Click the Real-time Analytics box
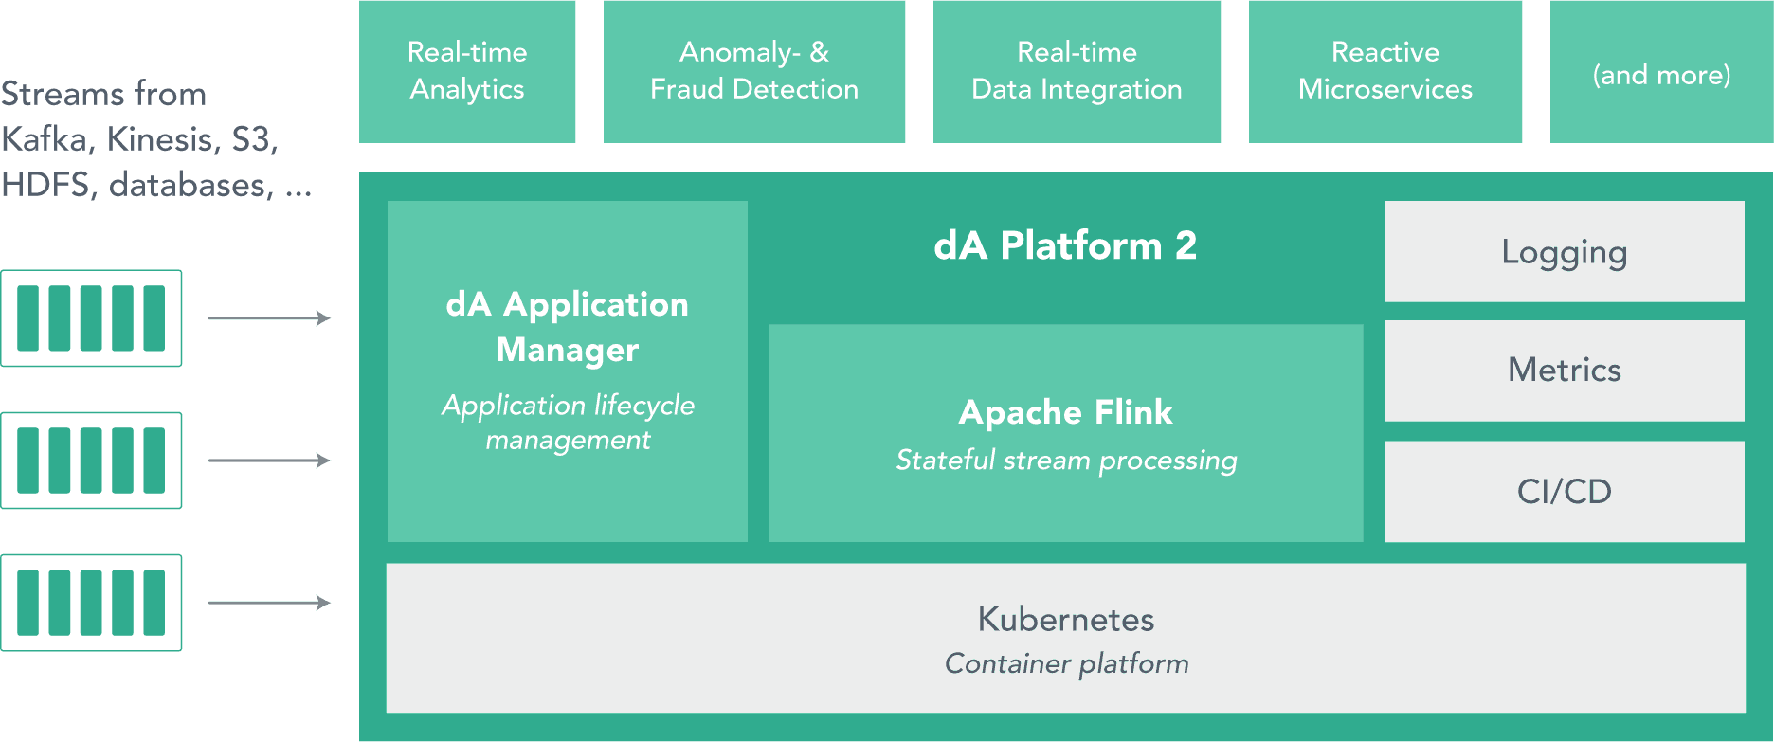point(467,71)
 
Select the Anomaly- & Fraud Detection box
point(754,71)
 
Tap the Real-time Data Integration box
point(1077,71)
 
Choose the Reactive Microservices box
point(1385,71)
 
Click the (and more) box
point(1661,74)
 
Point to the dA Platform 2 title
point(1065,246)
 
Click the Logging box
point(1564,252)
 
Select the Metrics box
point(1564,371)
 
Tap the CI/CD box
point(1564,492)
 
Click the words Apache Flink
point(1065,412)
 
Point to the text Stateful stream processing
point(1066,461)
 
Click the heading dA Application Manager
point(567,327)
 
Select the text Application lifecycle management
point(567,423)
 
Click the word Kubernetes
point(1065,620)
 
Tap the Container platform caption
point(1066,663)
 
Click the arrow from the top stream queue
point(269,318)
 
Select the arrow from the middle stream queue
point(269,461)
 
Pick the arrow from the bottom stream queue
point(269,603)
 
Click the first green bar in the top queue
point(28,318)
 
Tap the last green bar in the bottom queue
point(154,603)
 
